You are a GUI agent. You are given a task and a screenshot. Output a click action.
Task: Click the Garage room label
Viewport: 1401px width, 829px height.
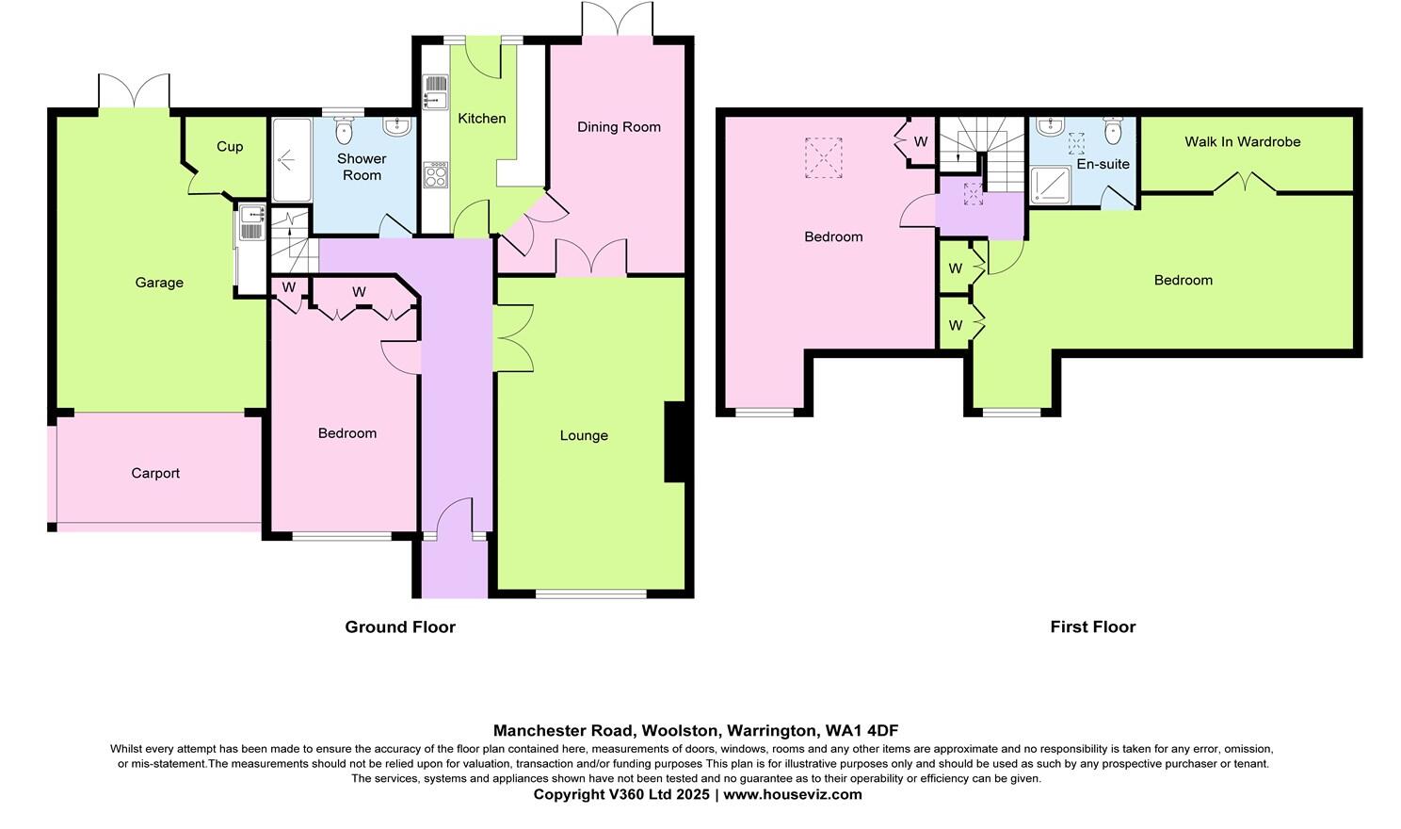coord(159,283)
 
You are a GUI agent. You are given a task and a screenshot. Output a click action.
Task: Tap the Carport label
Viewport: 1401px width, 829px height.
coord(155,473)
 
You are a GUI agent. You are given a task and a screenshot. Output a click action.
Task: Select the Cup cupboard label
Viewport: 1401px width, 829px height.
coord(230,146)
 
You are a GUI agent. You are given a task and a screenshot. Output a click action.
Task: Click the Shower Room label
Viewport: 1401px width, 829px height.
coord(362,167)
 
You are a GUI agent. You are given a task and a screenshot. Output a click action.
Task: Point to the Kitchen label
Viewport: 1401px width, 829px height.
coord(481,118)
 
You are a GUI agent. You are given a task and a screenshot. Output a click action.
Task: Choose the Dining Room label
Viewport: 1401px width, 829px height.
coord(619,126)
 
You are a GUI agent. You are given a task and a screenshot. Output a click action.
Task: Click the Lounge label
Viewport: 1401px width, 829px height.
coord(584,435)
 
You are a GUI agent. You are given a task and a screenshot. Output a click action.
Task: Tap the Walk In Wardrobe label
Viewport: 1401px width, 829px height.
coord(1242,141)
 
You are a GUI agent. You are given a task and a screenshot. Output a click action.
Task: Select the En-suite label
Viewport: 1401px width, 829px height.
coord(1103,163)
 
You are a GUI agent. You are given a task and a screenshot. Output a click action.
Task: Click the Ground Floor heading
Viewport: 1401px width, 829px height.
coord(400,626)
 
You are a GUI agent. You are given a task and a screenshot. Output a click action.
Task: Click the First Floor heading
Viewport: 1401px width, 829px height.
coord(1092,626)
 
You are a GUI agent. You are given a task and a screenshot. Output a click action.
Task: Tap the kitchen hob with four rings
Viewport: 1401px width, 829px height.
coord(436,175)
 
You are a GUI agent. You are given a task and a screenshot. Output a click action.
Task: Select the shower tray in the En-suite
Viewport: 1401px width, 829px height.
coord(1052,186)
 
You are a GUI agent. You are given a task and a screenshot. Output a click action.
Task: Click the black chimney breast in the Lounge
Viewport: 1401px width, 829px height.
coord(674,442)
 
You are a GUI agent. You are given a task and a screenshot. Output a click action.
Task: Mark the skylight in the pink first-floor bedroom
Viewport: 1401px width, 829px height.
coord(823,157)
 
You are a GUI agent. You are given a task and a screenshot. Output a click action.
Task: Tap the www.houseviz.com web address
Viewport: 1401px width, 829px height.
coord(792,794)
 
